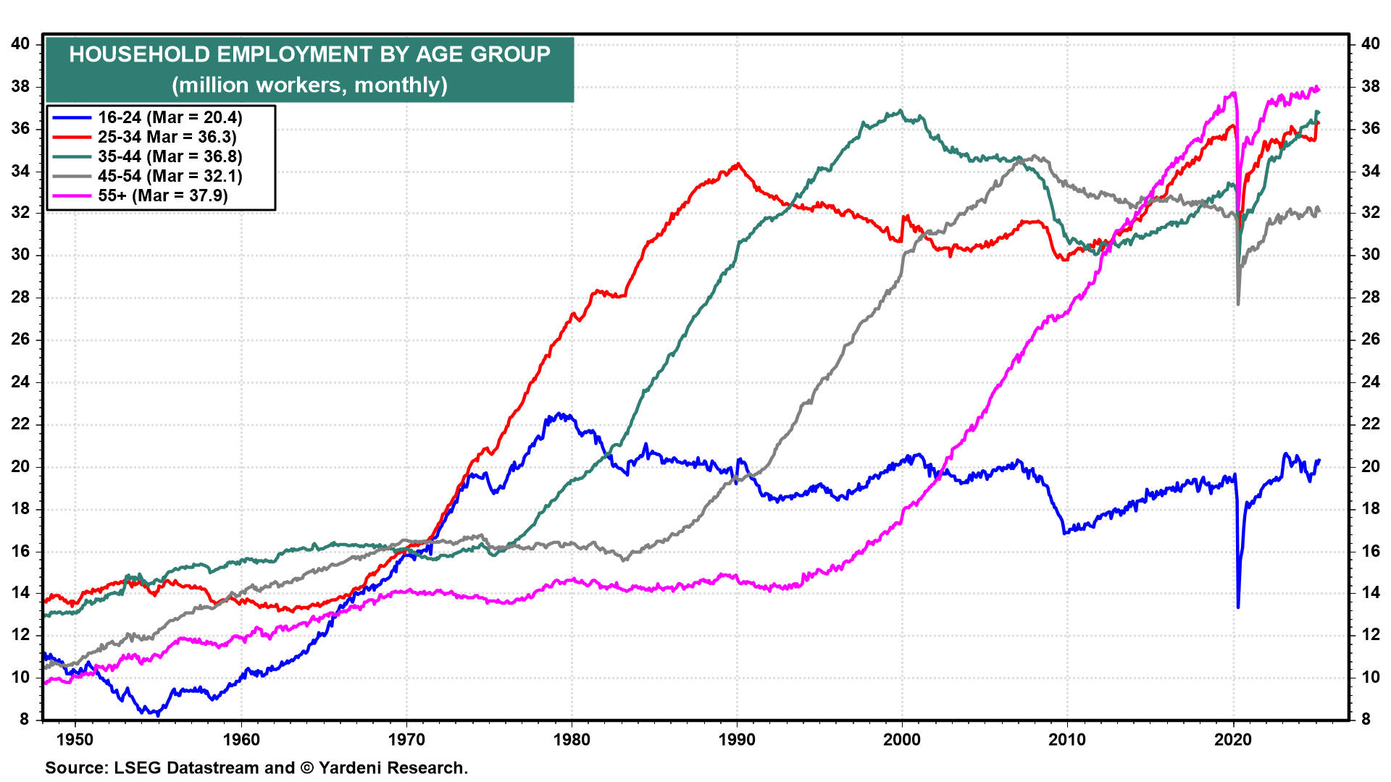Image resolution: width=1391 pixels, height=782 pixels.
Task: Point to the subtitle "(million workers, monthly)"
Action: coord(309,85)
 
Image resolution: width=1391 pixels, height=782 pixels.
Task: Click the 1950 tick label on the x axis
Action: coord(75,739)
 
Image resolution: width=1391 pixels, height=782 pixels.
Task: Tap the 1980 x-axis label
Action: coord(572,739)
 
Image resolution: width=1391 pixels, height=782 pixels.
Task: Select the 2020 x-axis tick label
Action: coord(1233,739)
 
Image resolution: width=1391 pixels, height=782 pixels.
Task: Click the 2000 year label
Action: coord(902,739)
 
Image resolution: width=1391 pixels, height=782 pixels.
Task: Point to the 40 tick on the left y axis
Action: coord(20,43)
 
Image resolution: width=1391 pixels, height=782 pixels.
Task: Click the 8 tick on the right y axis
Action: coord(1366,719)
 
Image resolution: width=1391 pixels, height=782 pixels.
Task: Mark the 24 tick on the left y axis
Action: coord(20,382)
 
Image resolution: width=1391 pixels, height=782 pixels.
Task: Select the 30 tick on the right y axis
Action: coord(1370,255)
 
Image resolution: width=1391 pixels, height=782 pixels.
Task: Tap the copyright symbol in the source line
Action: coord(306,768)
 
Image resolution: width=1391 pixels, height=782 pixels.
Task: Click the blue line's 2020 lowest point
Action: coord(1238,607)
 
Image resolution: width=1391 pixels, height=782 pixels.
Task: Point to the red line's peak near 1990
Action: coord(738,164)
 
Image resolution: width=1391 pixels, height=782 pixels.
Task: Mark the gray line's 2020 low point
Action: coord(1238,304)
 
